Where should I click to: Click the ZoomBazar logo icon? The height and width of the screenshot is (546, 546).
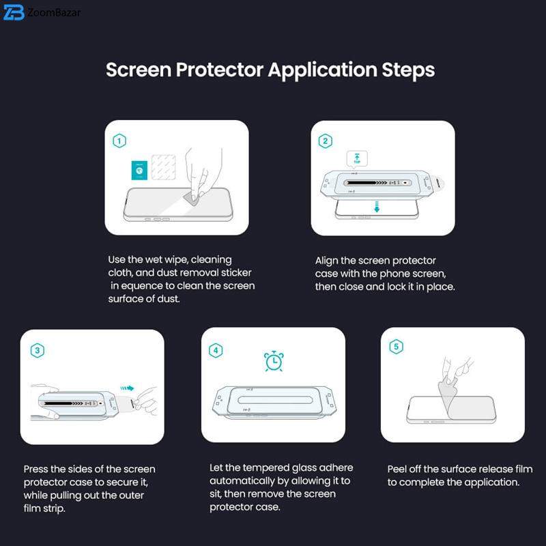click(14, 12)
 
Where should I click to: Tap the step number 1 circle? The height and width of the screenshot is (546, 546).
click(119, 141)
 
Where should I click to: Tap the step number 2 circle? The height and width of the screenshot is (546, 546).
click(326, 141)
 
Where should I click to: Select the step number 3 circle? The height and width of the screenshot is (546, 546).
click(38, 350)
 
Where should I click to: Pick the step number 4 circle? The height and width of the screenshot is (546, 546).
click(216, 350)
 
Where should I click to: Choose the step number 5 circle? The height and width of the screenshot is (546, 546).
click(396, 347)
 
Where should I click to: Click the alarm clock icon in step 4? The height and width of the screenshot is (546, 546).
click(274, 361)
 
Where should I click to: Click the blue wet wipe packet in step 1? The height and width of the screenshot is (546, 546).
click(136, 171)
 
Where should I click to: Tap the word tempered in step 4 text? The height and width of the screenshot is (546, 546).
click(260, 468)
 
